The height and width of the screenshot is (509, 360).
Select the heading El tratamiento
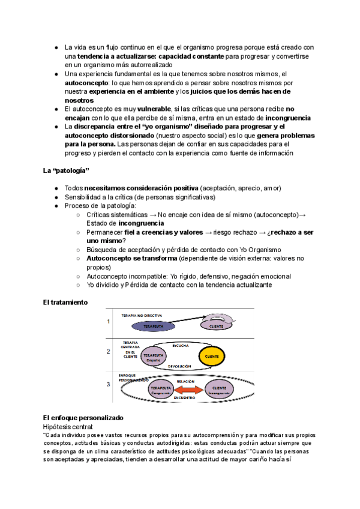(x=65, y=304)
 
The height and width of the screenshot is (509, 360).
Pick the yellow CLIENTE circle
(x=212, y=357)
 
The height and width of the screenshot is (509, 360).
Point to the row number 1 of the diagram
(x=109, y=321)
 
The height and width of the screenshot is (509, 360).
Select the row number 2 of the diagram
(x=109, y=352)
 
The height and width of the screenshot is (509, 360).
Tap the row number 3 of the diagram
(x=109, y=384)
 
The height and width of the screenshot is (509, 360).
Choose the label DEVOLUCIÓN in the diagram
(x=180, y=366)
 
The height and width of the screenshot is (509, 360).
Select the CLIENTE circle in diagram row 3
(x=220, y=390)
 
